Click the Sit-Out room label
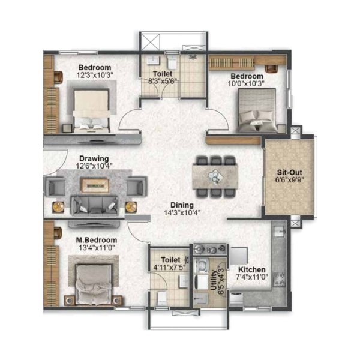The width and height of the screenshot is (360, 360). click(x=290, y=173)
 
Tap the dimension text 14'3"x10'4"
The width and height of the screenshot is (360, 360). click(x=182, y=213)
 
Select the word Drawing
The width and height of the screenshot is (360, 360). click(x=94, y=158)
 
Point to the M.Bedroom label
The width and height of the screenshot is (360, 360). click(x=97, y=240)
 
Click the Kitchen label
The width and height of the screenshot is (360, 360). click(x=252, y=269)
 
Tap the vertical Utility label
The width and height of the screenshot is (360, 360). click(x=214, y=281)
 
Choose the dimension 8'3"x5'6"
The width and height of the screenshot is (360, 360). click(x=163, y=81)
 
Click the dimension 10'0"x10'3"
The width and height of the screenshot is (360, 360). click(x=246, y=83)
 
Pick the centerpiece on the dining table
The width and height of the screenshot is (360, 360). click(x=215, y=176)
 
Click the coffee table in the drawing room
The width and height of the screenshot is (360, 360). click(x=94, y=185)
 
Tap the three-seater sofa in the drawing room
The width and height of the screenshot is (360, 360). click(x=95, y=206)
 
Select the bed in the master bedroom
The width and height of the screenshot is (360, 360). click(x=94, y=284)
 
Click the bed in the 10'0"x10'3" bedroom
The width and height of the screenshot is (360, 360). click(x=257, y=110)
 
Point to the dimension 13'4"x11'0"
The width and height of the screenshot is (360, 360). click(x=97, y=248)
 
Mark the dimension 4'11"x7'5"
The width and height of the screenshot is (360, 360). click(x=169, y=268)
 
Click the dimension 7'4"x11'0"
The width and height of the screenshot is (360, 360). click(x=252, y=277)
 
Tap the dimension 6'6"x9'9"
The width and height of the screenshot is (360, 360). click(x=290, y=180)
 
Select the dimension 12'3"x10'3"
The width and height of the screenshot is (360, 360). click(x=95, y=76)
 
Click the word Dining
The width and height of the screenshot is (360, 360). click(x=182, y=205)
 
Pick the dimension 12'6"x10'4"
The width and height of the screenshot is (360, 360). click(x=94, y=166)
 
